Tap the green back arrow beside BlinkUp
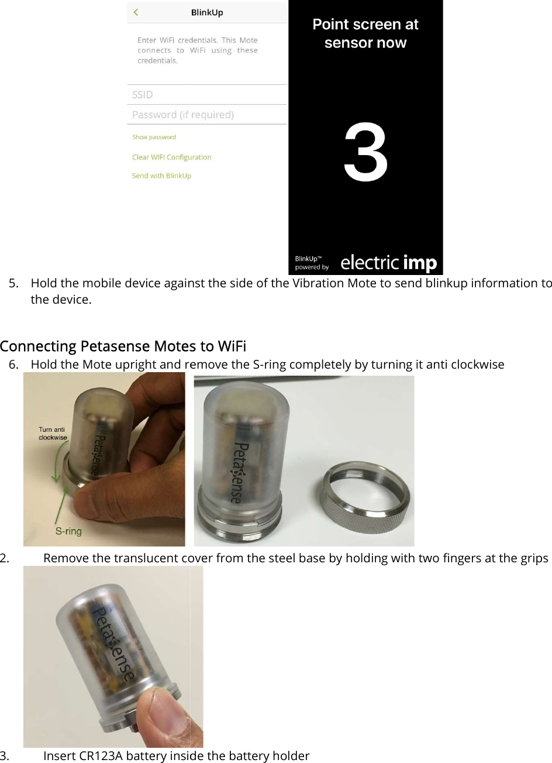(136, 12)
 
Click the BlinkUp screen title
(207, 12)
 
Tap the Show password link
(154, 137)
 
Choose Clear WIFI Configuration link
(171, 157)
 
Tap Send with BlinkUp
(161, 176)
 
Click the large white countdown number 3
(365, 154)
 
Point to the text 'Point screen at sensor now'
(365, 33)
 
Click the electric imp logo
(388, 263)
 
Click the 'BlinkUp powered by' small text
(312, 263)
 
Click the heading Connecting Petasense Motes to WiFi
(123, 346)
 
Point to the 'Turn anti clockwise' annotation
(53, 434)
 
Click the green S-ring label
(68, 531)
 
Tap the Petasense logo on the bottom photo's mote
(112, 644)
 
